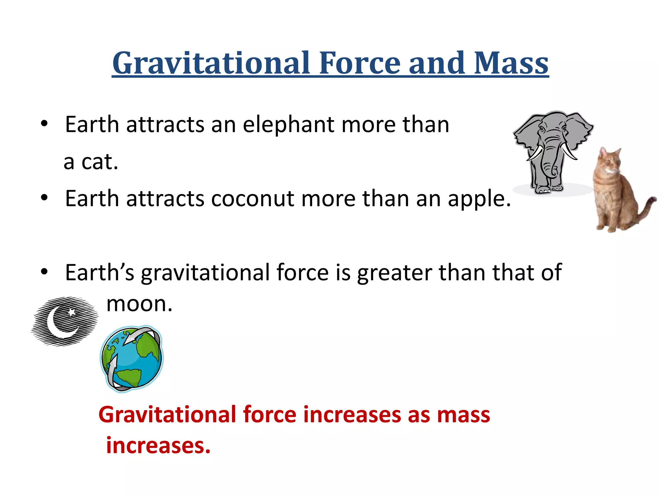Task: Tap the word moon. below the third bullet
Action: click(139, 304)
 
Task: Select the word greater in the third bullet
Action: click(394, 273)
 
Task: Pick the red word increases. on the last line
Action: click(158, 446)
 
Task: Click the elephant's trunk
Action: click(549, 161)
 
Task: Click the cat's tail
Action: click(646, 207)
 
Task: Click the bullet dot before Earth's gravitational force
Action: click(44, 272)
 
